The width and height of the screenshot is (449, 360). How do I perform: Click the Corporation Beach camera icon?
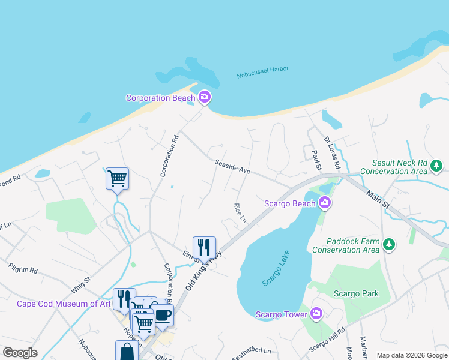(205, 97)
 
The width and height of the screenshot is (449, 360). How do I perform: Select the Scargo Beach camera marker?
(325, 203)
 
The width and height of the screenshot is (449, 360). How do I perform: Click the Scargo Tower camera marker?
(316, 314)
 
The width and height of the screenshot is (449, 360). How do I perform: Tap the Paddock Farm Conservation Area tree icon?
(390, 244)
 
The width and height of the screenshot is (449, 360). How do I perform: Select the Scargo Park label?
(357, 293)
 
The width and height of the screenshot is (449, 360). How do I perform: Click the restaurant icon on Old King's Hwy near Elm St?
(204, 247)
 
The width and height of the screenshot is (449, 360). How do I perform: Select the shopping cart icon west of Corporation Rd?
(117, 178)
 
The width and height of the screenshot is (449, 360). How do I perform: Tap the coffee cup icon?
(163, 314)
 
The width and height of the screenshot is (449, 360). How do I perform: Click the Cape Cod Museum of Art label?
(64, 304)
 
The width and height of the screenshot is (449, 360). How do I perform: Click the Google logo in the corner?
(20, 353)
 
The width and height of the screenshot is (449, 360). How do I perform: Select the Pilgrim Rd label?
(23, 268)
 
